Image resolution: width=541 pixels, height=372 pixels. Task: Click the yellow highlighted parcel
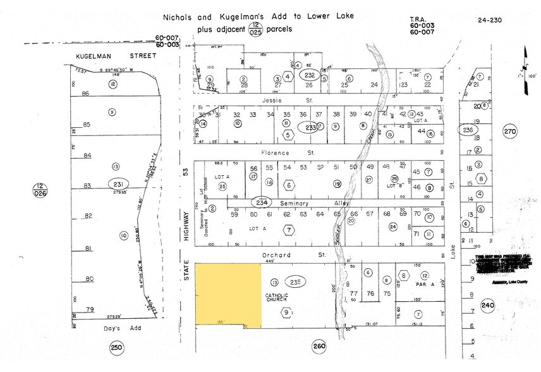pyautogui.click(x=228, y=295)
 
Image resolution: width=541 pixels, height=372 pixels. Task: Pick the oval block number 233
pyautogui.click(x=310, y=128)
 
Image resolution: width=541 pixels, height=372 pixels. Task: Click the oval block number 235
pyautogui.click(x=296, y=282)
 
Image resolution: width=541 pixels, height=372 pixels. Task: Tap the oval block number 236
pyautogui.click(x=467, y=130)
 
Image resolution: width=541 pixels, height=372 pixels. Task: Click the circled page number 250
pyautogui.click(x=117, y=348)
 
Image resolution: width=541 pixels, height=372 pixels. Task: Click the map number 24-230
pyautogui.click(x=490, y=20)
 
